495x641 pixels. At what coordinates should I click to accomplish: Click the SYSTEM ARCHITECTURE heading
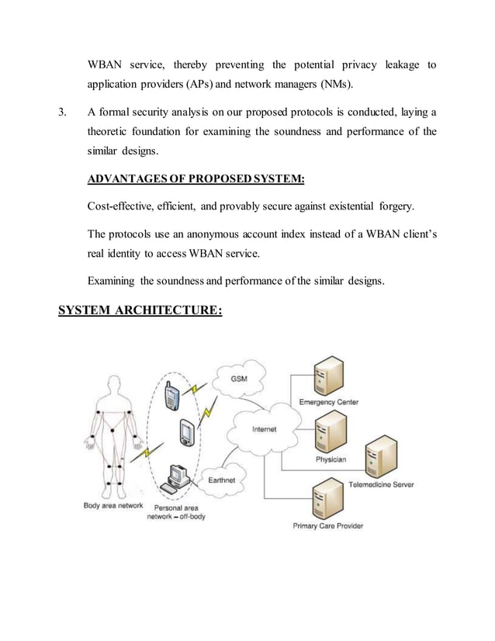pyautogui.click(x=140, y=310)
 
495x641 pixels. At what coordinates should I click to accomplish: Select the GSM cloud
pyautogui.click(x=239, y=378)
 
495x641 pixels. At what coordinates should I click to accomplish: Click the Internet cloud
pyautogui.click(x=263, y=429)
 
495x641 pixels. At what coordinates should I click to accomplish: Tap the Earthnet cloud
pyautogui.click(x=222, y=480)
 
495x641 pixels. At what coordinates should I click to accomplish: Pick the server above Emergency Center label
pyautogui.click(x=326, y=376)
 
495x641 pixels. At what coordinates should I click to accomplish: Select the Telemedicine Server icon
pyautogui.click(x=380, y=457)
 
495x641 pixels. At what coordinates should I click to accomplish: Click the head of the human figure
pyautogui.click(x=115, y=385)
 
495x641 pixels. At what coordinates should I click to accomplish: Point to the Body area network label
pyautogui.click(x=112, y=505)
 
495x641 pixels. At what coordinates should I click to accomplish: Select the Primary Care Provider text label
pyautogui.click(x=327, y=525)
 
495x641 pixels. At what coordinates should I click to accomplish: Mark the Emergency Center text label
pyautogui.click(x=328, y=402)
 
